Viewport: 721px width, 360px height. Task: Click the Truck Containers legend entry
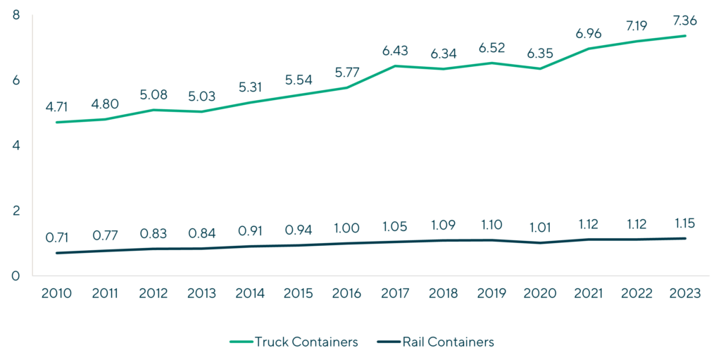(x=294, y=342)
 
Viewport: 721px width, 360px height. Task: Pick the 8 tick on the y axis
(x=16, y=15)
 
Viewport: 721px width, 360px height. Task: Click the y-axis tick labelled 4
(x=16, y=145)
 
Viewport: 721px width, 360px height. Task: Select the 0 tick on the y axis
(x=16, y=275)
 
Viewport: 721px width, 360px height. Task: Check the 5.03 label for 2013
(x=201, y=97)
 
